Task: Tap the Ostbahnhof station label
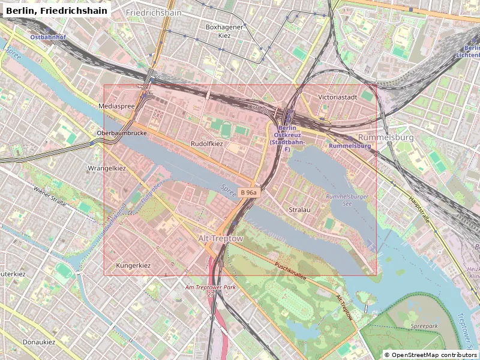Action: point(48,37)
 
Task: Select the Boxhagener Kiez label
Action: point(224,31)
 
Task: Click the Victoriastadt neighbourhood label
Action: point(338,97)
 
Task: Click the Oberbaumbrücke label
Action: point(122,133)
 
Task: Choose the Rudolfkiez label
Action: point(206,144)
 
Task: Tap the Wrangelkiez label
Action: point(107,168)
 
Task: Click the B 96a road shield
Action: point(248,193)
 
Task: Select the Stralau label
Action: point(299,210)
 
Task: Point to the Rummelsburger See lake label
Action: point(347,200)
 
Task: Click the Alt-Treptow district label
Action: point(221,239)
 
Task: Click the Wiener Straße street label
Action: point(50,196)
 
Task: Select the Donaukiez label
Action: point(38,342)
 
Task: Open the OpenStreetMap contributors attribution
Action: point(430,355)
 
